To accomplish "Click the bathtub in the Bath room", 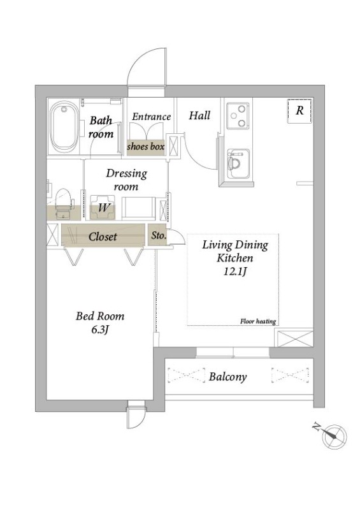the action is coord(64,126).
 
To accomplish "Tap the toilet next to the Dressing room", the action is coord(63,203).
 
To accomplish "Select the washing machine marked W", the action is coord(103,207).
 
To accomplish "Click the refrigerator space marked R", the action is coord(299,110).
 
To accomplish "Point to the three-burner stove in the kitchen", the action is coord(238,115).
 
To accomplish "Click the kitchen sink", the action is coord(238,164).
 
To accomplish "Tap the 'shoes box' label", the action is coord(145,147).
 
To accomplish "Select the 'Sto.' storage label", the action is coord(159,235).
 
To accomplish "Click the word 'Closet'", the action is coord(103,237).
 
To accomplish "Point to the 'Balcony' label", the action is coord(227,377).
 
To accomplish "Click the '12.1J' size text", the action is coord(234,272).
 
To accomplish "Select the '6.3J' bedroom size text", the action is coord(99,330).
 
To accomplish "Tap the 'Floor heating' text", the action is coord(258,321).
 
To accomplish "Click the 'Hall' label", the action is coord(199,115).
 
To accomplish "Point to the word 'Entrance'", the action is coord(151,117).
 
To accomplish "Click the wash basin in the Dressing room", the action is coord(138,208).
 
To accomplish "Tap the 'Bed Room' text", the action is coord(100,316).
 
